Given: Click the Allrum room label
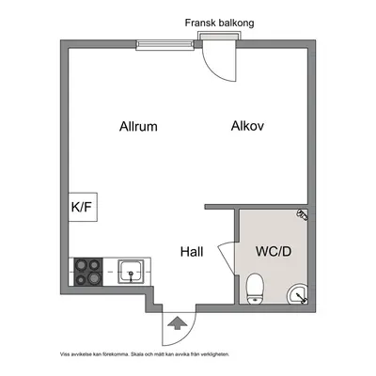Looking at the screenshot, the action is [138, 126].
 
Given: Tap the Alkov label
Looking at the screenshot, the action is [247, 126].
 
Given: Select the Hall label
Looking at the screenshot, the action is [192, 252].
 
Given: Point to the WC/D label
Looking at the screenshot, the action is [274, 251].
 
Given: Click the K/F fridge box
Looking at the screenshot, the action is [83, 207].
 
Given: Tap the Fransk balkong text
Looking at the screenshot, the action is [219, 23].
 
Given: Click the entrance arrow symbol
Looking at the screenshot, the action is [177, 322].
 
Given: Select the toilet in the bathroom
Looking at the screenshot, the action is [255, 289].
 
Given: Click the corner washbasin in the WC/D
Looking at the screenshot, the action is [297, 294].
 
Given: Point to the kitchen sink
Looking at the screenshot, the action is [131, 272].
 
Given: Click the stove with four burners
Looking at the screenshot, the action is [88, 272].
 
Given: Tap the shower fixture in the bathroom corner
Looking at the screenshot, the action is [303, 214].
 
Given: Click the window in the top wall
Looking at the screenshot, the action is [164, 45].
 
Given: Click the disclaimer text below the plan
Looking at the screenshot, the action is [145, 354].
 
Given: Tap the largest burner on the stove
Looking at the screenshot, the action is [93, 277].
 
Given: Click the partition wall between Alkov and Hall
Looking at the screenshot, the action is [257, 207].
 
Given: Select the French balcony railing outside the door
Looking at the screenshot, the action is [219, 36].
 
